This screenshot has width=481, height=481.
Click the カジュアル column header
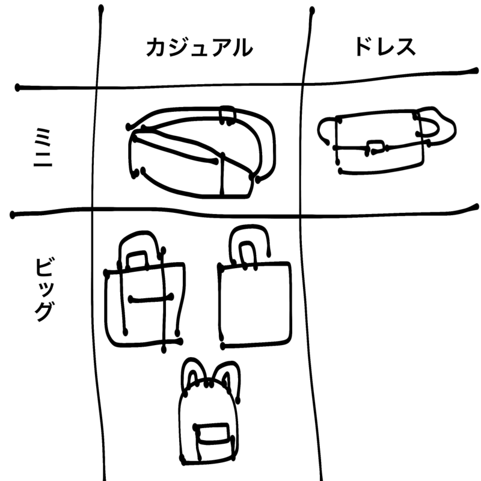pyautogui.click(x=200, y=47)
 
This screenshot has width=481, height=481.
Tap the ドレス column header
pyautogui.click(x=385, y=47)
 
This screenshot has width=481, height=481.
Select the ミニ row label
pyautogui.click(x=43, y=147)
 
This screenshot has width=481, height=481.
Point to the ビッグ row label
pyautogui.click(x=44, y=290)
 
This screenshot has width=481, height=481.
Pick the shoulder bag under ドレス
pyautogui.click(x=387, y=141)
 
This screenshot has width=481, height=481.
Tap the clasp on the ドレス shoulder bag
pyautogui.click(x=375, y=147)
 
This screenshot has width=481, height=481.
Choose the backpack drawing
pyautogui.click(x=209, y=411)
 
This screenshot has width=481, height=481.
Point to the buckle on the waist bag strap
pyautogui.click(x=227, y=115)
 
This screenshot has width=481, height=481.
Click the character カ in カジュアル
pyautogui.click(x=156, y=47)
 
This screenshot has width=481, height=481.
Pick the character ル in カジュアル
pyautogui.click(x=242, y=48)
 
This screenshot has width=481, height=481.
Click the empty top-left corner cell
pyautogui.click(x=49, y=43)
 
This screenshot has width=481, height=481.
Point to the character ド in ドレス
pyautogui.click(x=364, y=47)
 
